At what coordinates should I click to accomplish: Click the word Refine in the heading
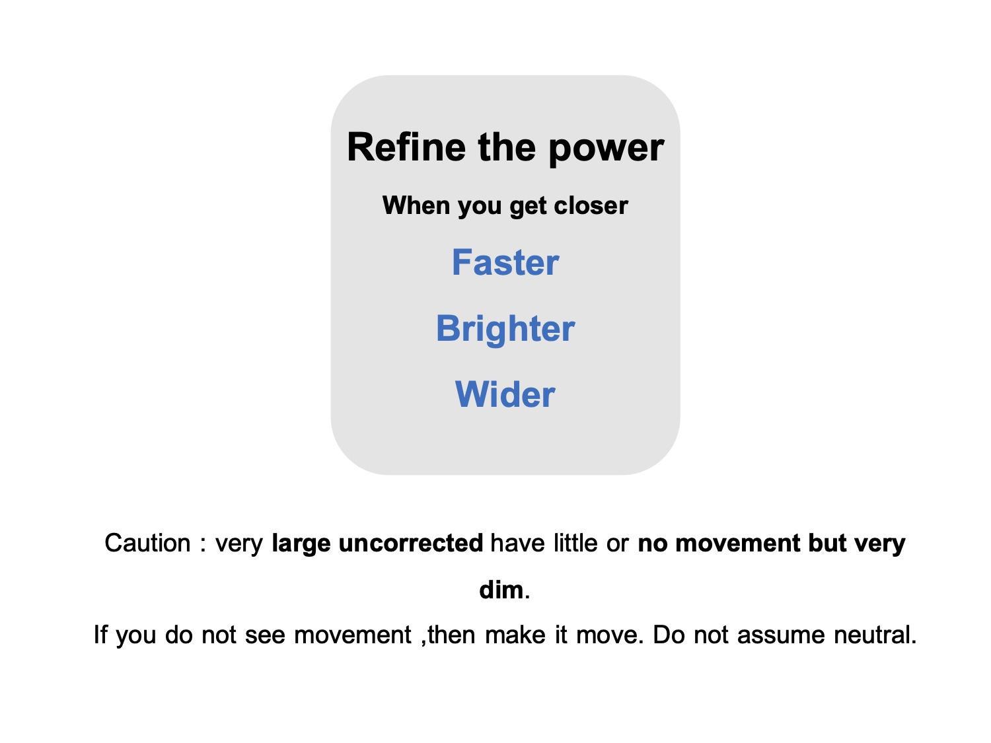click(406, 147)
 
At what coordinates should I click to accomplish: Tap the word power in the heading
click(606, 149)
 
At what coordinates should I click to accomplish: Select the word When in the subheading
click(416, 205)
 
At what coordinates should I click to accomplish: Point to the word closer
click(591, 205)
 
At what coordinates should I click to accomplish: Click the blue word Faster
click(505, 262)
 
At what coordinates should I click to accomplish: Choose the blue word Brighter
click(505, 330)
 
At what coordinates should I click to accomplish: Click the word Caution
click(147, 543)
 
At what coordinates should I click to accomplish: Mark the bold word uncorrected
click(411, 543)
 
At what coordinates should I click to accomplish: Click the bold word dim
click(501, 590)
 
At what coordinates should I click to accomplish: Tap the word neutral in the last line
click(875, 635)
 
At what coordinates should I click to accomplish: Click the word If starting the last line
click(100, 635)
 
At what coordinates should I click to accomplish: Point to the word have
click(518, 543)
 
